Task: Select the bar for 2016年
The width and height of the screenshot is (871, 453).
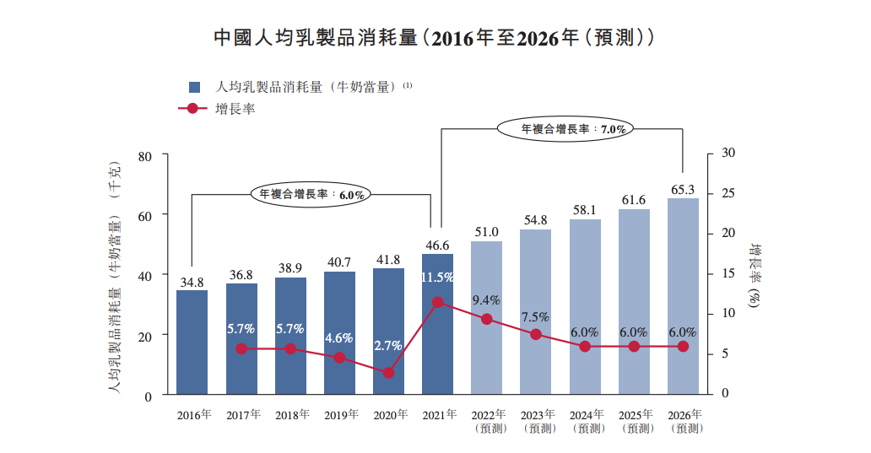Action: point(192,342)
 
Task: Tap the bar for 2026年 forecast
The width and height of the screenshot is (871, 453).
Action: point(683,295)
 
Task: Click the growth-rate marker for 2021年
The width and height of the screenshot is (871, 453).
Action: point(437,302)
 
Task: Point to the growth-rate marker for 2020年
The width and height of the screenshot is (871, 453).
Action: point(388,372)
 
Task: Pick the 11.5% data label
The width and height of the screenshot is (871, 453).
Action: point(437,277)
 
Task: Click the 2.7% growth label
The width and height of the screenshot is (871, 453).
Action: point(388,346)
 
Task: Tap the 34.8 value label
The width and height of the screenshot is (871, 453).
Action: point(192,282)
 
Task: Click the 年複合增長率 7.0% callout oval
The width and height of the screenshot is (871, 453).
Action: point(566,129)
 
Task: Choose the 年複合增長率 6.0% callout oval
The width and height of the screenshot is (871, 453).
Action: point(311,194)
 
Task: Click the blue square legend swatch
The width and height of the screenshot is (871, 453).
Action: point(194,87)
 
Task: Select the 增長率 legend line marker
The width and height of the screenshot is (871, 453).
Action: point(193,109)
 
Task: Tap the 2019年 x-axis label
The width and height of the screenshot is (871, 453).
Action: point(339,415)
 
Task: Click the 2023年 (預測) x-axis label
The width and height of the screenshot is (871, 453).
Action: point(538,421)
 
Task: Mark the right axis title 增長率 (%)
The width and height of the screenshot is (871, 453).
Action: point(756,274)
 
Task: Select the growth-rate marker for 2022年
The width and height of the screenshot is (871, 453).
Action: point(486,319)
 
